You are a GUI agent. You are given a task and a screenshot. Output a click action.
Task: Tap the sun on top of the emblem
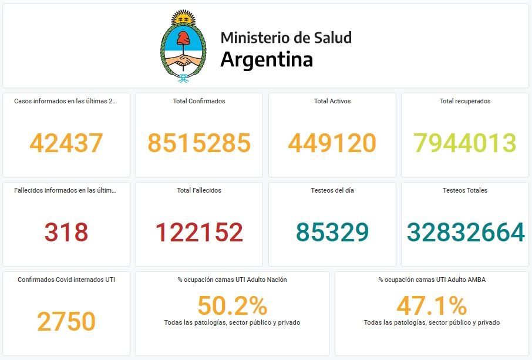click(x=184, y=18)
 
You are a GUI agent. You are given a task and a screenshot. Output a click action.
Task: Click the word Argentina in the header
click(x=267, y=59)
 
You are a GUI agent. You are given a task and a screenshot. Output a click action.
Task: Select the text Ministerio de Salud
click(x=286, y=38)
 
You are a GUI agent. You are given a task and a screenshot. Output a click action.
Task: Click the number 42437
click(x=66, y=143)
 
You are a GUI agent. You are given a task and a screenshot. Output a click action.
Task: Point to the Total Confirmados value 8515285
click(x=199, y=143)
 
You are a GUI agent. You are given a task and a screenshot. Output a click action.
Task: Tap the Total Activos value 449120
click(x=332, y=143)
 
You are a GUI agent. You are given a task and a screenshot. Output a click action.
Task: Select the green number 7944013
click(x=465, y=143)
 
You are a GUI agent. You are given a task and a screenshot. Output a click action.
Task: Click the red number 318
click(x=66, y=232)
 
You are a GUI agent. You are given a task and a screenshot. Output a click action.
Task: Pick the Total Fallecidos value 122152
click(x=199, y=232)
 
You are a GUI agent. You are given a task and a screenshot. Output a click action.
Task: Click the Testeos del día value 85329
click(x=332, y=232)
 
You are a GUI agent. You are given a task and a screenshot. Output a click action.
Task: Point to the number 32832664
click(x=466, y=232)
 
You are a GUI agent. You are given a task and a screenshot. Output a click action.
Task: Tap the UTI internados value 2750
click(x=66, y=321)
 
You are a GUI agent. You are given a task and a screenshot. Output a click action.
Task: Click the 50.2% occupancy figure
click(x=232, y=305)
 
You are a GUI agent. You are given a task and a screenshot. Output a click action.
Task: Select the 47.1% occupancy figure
click(x=432, y=305)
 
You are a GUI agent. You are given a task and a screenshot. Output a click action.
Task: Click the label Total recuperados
click(x=465, y=101)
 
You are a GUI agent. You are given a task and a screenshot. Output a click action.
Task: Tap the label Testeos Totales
click(x=465, y=190)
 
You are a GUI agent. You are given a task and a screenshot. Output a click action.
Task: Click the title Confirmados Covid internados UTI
click(x=66, y=280)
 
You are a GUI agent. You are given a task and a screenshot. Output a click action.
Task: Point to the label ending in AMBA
click(x=432, y=280)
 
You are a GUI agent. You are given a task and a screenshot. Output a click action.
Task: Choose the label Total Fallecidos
click(x=199, y=190)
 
